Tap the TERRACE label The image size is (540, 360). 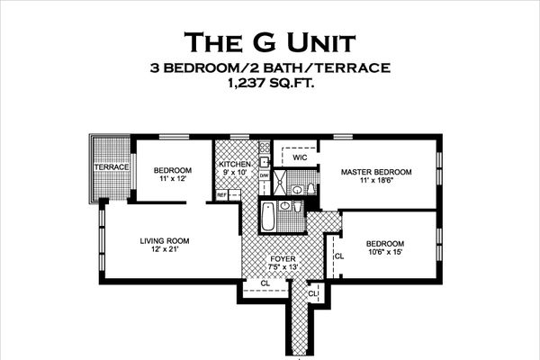(x=113, y=167)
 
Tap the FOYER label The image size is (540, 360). (x=282, y=258)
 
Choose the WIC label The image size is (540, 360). (x=301, y=157)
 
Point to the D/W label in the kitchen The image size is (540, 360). (x=264, y=176)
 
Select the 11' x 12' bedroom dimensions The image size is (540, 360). (x=172, y=180)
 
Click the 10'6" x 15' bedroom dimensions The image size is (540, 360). (x=384, y=255)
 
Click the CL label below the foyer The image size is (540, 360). (x=265, y=283)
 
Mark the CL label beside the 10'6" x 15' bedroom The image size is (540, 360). (x=338, y=256)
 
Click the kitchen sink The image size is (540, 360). (x=263, y=163)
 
